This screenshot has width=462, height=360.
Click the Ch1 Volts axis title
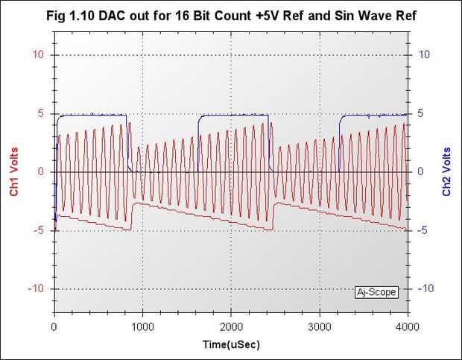pyautogui.click(x=14, y=172)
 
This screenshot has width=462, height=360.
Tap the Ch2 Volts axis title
pyautogui.click(x=446, y=172)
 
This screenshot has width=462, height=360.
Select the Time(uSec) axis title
pyautogui.click(x=231, y=345)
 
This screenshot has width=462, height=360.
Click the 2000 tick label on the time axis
pyautogui.click(x=231, y=327)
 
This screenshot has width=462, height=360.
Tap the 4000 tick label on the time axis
pyautogui.click(x=407, y=327)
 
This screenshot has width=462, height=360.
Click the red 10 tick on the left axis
pyautogui.click(x=42, y=55)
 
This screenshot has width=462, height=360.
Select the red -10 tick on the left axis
pyautogui.click(x=39, y=289)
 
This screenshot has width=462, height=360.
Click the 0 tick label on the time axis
pyautogui.click(x=54, y=327)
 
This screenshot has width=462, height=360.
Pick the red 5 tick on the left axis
pyautogui.click(x=44, y=113)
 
